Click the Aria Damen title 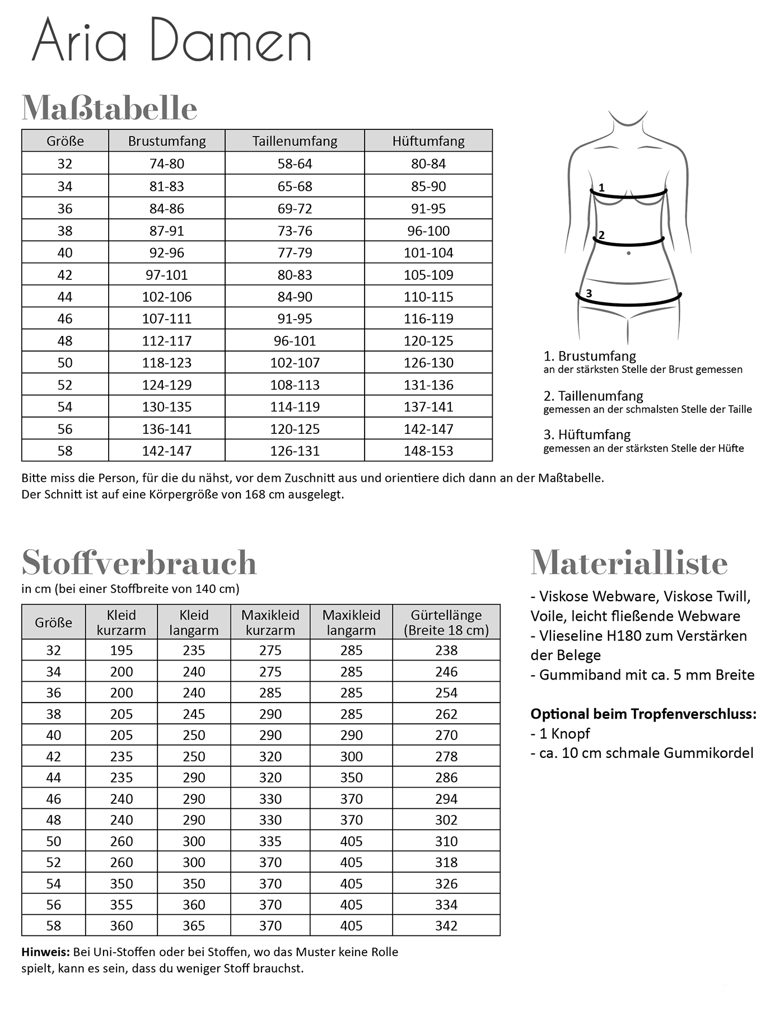click(x=171, y=40)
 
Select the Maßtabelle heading click(x=109, y=108)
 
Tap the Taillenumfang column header click(x=295, y=141)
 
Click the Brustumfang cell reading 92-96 click(x=166, y=252)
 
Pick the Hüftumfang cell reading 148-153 click(x=428, y=451)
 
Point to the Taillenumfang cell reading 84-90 click(x=295, y=297)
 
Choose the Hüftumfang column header click(x=428, y=141)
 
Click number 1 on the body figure click(x=601, y=188)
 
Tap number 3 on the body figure click(x=589, y=293)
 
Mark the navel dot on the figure click(x=629, y=254)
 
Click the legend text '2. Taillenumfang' click(x=593, y=396)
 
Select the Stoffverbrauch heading click(x=139, y=563)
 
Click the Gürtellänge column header click(x=446, y=622)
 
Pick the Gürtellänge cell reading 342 click(x=446, y=926)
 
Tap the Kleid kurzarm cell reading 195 click(x=121, y=650)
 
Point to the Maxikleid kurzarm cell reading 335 click(x=270, y=841)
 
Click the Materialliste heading click(x=629, y=563)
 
